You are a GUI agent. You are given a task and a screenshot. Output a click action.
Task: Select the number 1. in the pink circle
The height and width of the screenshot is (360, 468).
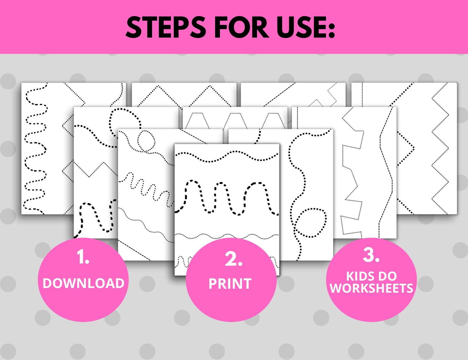pyautogui.click(x=83, y=257)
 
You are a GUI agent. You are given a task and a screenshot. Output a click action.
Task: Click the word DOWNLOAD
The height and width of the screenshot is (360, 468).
pyautogui.click(x=83, y=283)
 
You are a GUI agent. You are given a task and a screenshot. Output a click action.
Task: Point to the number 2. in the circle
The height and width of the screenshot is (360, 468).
pyautogui.click(x=233, y=259)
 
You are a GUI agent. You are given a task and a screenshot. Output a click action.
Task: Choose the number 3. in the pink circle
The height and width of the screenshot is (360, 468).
pyautogui.click(x=371, y=255)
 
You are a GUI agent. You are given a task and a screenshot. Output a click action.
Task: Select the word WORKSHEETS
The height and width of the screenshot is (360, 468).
pyautogui.click(x=371, y=288)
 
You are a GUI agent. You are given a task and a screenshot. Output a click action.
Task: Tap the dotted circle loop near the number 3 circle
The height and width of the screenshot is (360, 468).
pyautogui.click(x=311, y=222)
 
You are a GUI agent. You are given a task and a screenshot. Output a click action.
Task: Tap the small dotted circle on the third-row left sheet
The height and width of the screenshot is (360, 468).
pyautogui.click(x=146, y=141)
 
